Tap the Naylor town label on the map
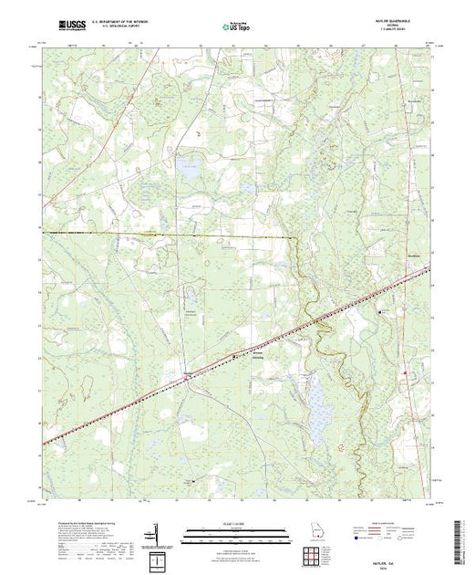tap(189, 373)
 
